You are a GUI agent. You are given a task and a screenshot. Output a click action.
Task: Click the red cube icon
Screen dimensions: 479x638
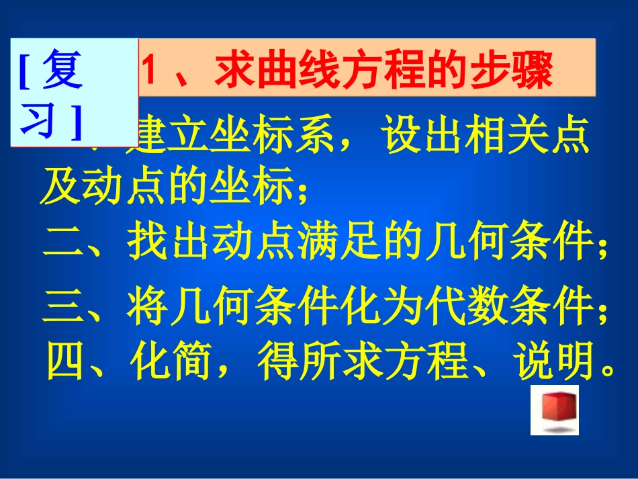[554, 408]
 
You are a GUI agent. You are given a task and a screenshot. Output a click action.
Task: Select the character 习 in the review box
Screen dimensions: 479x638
[41, 121]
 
